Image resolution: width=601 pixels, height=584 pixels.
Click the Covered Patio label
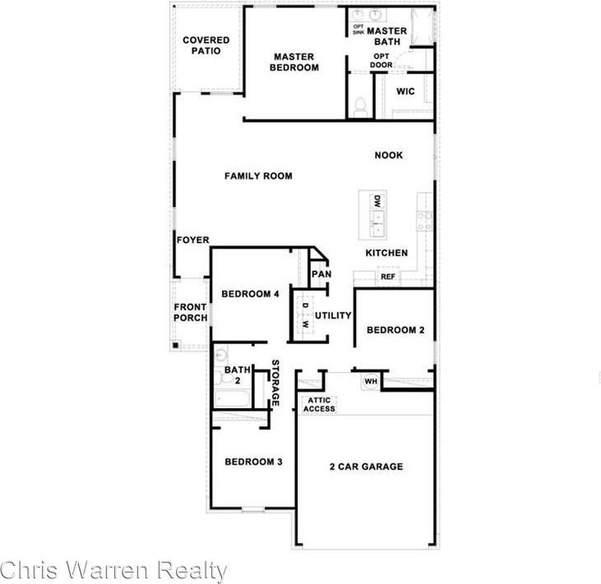click(x=206, y=45)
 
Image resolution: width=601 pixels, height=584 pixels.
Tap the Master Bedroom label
click(x=294, y=62)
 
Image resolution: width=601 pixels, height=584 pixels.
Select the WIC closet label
click(x=405, y=91)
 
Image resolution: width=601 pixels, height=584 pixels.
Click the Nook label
click(x=389, y=155)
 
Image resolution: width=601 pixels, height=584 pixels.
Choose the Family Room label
click(x=259, y=176)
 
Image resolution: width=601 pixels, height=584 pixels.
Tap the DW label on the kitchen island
click(x=377, y=201)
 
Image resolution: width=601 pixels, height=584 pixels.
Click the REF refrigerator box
click(x=388, y=278)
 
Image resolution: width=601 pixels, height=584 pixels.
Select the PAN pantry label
click(x=321, y=274)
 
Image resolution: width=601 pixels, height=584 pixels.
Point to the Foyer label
click(x=192, y=240)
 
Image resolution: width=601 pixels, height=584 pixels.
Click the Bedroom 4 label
click(x=251, y=294)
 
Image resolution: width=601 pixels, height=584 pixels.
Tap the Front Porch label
click(x=190, y=313)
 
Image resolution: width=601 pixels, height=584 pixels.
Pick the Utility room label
click(x=332, y=315)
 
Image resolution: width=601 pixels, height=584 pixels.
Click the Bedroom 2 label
click(x=395, y=330)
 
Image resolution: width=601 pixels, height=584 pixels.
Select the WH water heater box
click(x=370, y=381)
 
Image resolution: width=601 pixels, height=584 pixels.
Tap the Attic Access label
click(x=320, y=404)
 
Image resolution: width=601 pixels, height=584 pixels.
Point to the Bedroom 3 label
click(x=254, y=462)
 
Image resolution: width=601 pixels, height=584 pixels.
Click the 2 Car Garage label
click(x=366, y=467)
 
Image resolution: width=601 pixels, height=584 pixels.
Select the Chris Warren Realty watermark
click(x=113, y=570)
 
